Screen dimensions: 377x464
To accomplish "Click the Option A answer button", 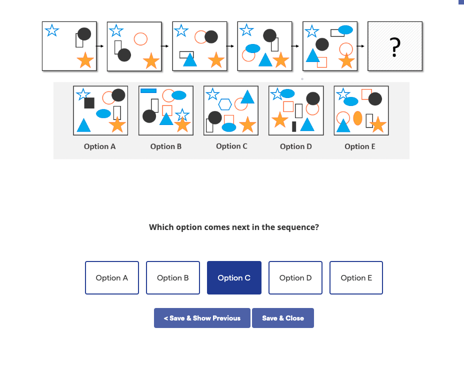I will tap(112, 278).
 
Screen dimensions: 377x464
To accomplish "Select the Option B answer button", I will tap(173, 278).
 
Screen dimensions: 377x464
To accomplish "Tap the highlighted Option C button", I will tap(234, 278).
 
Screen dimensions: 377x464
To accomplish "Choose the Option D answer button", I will tap(295, 278).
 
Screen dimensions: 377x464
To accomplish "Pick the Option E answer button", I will tap(356, 278).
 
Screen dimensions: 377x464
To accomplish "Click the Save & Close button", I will tap(283, 318).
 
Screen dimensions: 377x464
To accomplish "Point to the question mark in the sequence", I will tap(395, 47).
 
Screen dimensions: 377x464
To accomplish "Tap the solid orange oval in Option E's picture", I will tap(357, 118).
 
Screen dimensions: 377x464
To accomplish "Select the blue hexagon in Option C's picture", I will tap(225, 104).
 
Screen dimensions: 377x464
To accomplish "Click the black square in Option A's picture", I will tap(89, 103).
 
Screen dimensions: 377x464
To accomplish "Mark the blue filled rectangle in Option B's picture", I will tap(148, 90).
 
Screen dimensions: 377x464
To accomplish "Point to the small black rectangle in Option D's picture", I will tap(294, 126).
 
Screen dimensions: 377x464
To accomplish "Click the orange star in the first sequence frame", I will tap(85, 60).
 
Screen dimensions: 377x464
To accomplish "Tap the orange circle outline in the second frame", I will tap(141, 38).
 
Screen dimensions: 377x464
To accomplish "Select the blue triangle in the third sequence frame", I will tap(189, 60).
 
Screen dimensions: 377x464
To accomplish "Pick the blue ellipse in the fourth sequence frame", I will tap(252, 48).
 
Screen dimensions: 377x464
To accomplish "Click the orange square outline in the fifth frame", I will tap(322, 62).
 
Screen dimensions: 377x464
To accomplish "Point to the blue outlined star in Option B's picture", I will tap(182, 114).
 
